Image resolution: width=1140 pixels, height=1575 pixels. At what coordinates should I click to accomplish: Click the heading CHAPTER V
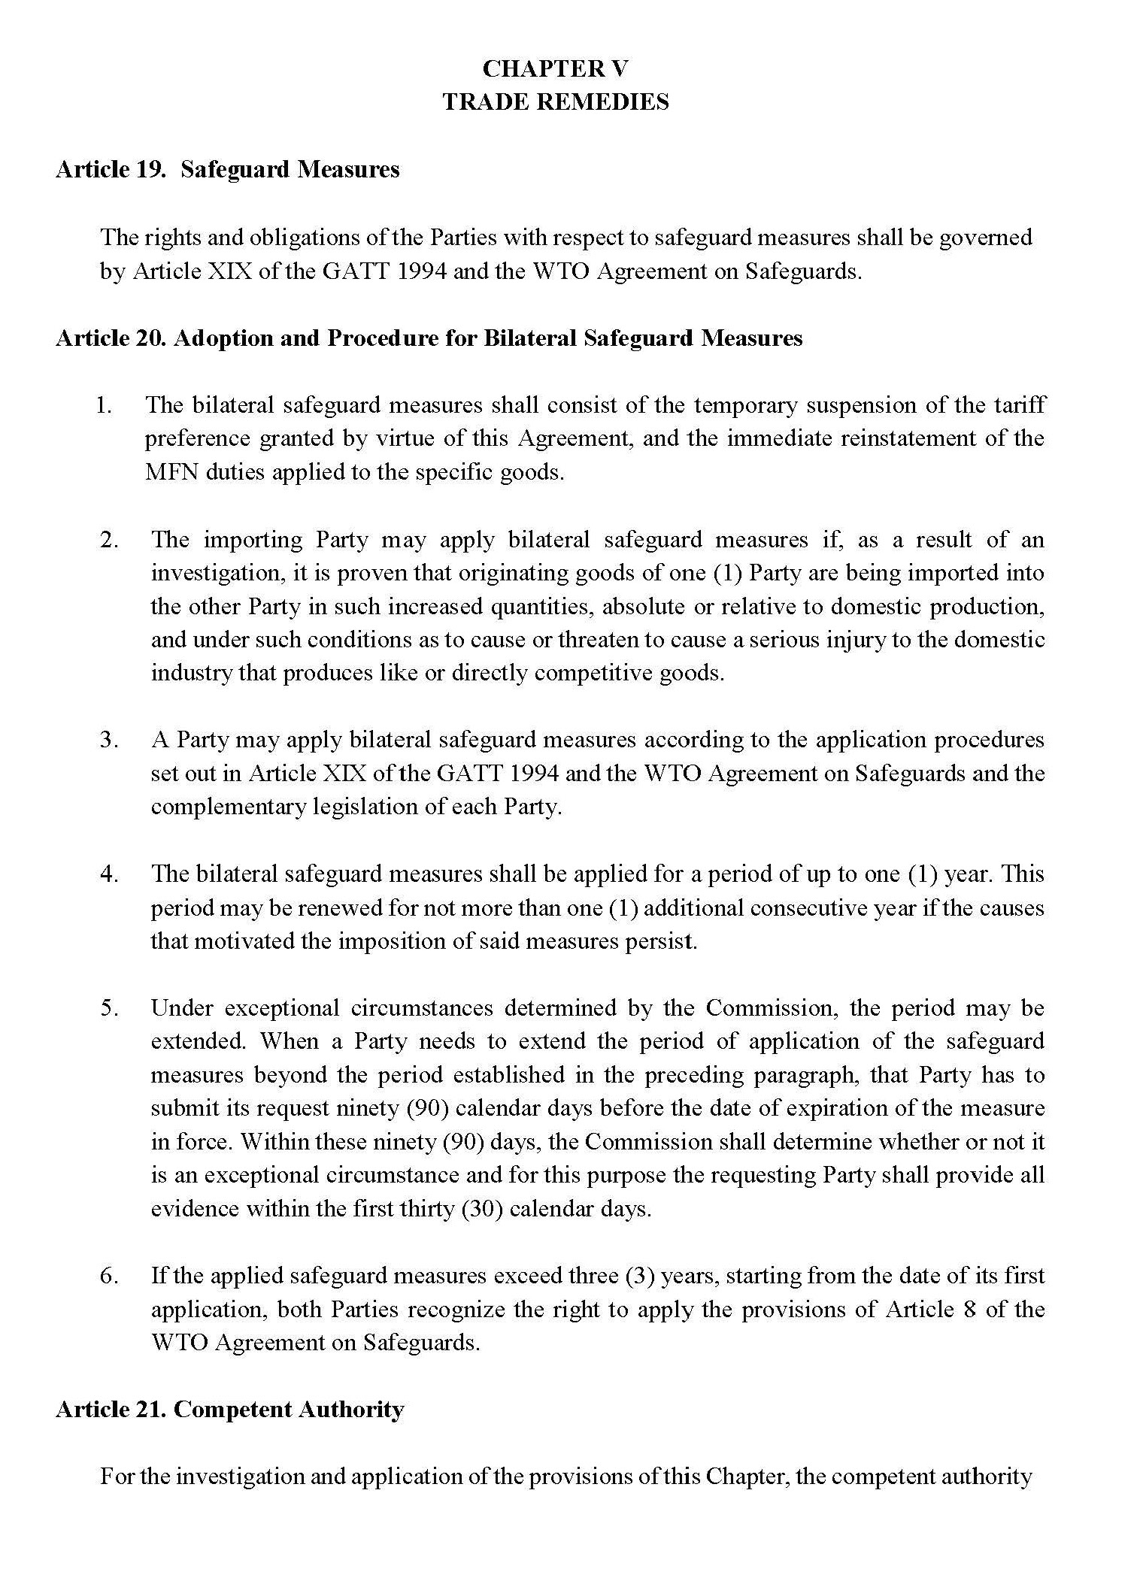(x=555, y=68)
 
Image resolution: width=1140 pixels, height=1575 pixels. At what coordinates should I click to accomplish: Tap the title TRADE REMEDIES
(x=555, y=101)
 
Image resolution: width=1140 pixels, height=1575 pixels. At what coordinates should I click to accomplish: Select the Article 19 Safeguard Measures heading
(x=227, y=169)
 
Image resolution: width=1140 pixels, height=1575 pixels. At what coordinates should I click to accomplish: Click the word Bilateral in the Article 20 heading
(x=530, y=338)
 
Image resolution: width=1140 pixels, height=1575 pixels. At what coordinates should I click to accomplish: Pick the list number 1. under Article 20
(x=104, y=405)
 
